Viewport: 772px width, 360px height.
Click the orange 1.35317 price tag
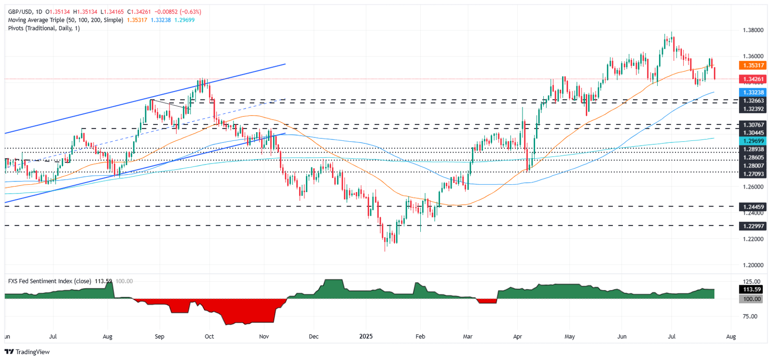point(753,65)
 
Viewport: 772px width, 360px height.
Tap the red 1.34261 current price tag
point(753,79)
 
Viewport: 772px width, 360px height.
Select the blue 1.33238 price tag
point(753,92)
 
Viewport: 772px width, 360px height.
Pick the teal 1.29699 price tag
point(753,141)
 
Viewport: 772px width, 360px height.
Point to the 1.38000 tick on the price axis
point(753,30)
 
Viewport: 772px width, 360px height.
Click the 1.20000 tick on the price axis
point(753,265)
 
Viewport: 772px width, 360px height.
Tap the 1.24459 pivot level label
point(753,207)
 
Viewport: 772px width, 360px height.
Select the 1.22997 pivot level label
point(753,226)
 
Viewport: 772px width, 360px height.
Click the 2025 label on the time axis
point(366,336)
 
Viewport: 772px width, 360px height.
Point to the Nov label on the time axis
point(263,336)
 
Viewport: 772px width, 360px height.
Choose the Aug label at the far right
point(731,336)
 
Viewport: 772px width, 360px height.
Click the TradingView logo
point(27,352)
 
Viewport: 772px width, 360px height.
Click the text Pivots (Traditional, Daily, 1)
point(44,28)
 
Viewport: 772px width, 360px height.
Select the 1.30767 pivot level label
point(753,125)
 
